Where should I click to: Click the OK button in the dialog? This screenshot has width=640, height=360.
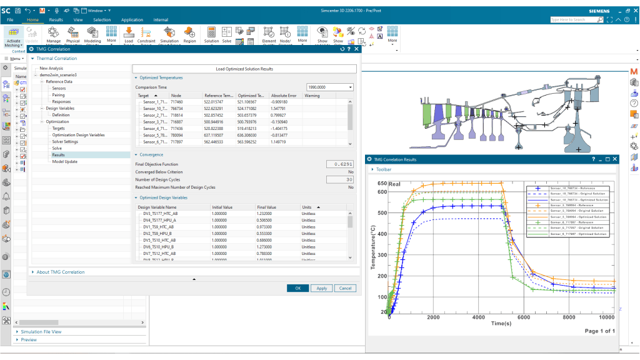[298, 288]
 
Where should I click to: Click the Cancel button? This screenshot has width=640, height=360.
[344, 288]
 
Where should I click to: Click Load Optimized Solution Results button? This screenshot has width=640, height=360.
[244, 69]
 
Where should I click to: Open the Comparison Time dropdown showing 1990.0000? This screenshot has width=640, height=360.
[330, 87]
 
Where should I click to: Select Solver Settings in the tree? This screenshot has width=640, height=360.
[65, 141]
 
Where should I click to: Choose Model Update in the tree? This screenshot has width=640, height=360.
[65, 161]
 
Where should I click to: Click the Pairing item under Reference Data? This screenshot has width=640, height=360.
[58, 95]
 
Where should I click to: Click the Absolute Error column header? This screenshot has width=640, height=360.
[284, 96]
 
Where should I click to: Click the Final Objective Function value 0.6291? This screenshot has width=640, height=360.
[340, 164]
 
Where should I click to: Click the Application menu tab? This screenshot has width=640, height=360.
[132, 20]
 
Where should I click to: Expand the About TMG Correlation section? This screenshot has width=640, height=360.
[60, 272]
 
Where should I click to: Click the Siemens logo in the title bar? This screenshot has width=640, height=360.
[604, 11]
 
